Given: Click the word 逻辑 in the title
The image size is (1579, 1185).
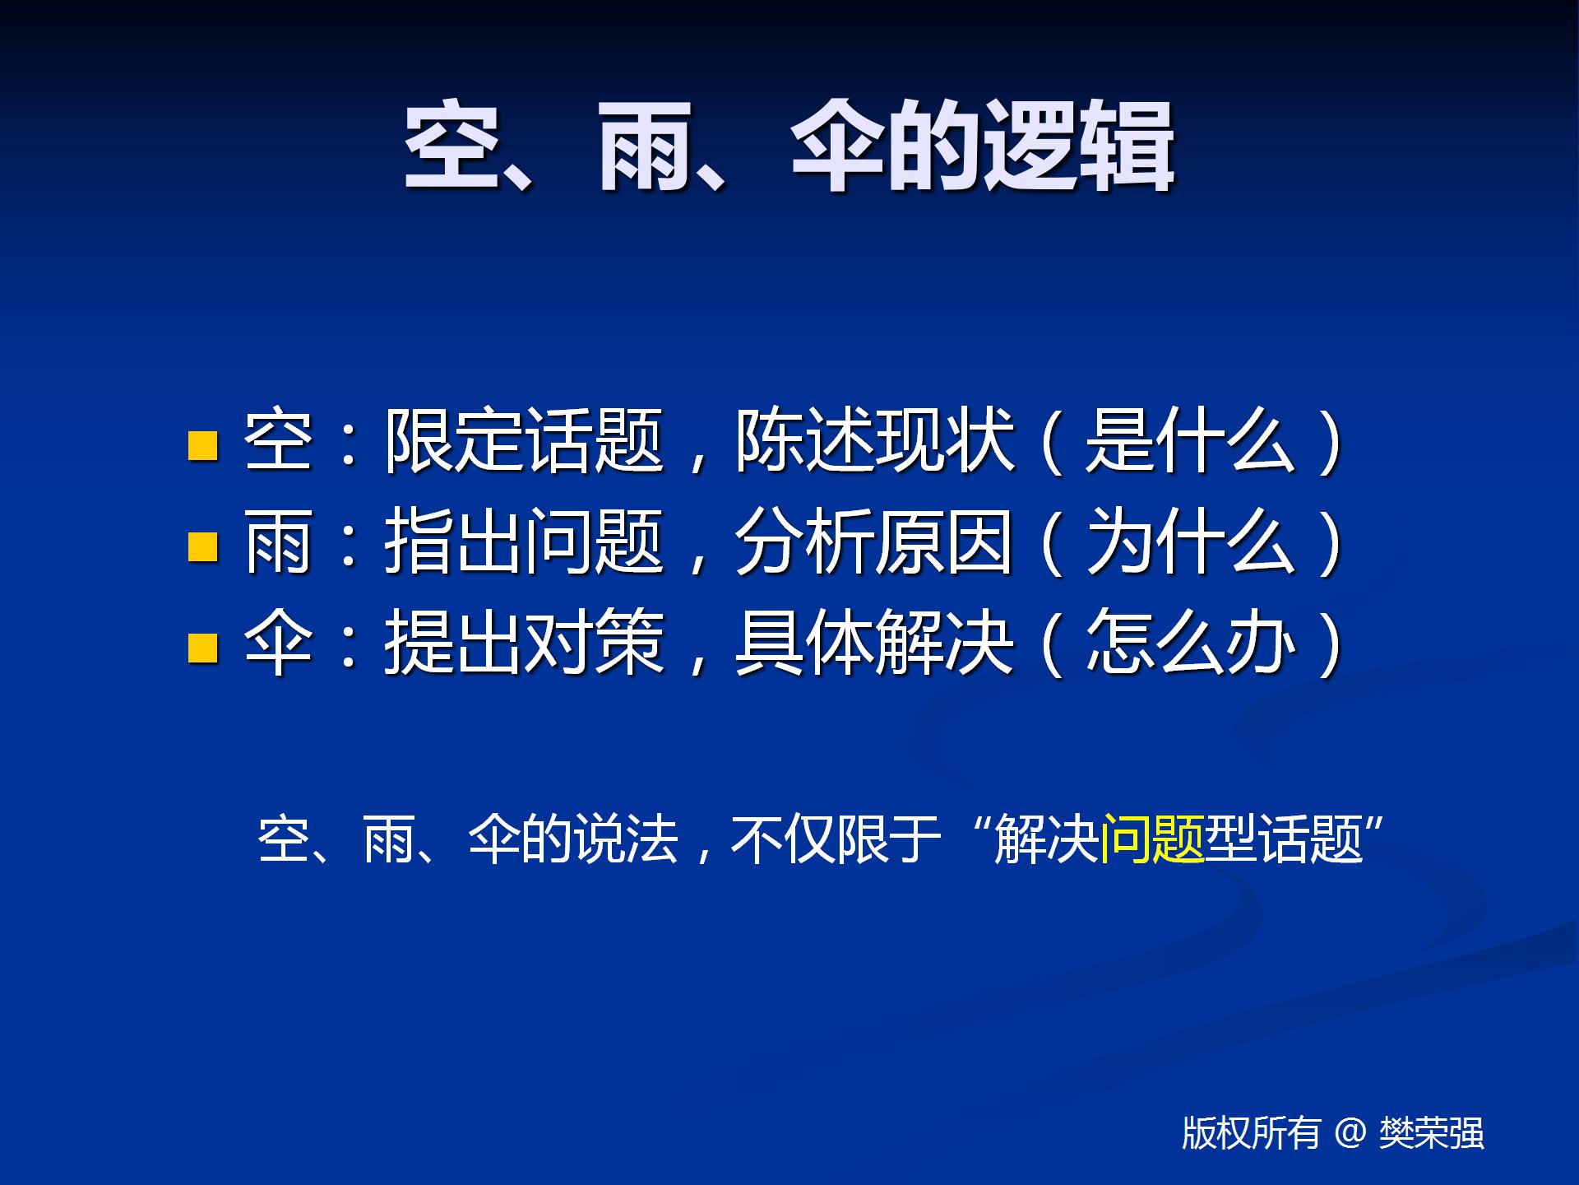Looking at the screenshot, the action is pos(1080,146).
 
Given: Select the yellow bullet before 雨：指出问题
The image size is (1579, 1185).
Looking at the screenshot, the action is pos(203,546).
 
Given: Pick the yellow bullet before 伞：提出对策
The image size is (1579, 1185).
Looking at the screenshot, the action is pos(203,647).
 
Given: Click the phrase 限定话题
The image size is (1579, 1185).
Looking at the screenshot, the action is pos(525,441).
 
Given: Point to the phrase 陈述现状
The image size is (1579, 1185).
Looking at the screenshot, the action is pos(875,441).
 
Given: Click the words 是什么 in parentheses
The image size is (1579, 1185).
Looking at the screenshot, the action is pos(1191,441).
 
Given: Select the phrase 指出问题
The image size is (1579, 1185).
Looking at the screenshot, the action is pos(525,541).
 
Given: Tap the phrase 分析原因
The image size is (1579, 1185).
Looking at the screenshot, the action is pos(875,541).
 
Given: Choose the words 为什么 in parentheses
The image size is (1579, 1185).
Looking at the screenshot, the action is pos(1191,541).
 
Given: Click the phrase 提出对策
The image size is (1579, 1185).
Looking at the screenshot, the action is pos(525,643).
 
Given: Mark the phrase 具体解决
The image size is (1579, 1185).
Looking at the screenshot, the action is pos(875,643).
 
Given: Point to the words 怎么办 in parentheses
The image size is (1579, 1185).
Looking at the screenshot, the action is pos(1191,643).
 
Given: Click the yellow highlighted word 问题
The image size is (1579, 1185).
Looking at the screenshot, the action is pos(1152,839).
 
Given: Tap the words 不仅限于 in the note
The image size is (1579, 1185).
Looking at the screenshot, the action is pos(836,839).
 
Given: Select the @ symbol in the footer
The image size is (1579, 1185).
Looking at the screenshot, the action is pos(1350,1133).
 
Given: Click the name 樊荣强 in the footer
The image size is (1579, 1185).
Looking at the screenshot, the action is pos(1432,1133).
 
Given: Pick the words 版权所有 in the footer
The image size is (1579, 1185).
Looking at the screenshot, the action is pos(1252,1133).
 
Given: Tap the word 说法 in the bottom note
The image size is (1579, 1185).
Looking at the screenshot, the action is pos(626,839).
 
